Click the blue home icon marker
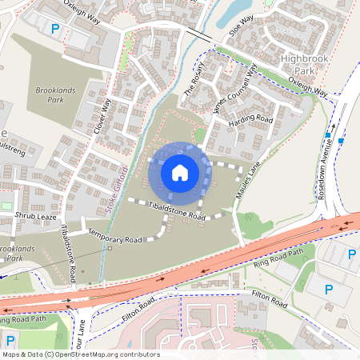(180, 171)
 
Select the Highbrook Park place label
(307, 65)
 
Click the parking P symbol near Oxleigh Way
(55, 29)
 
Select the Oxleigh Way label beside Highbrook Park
(309, 87)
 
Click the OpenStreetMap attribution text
(80, 354)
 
